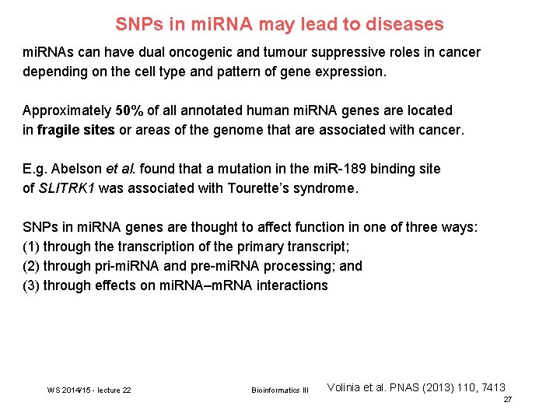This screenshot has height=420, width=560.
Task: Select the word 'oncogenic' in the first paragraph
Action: click(205, 52)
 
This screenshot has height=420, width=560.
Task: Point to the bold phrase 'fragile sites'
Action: click(76, 130)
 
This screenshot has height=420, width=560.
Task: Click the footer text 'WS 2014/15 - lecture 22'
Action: click(89, 390)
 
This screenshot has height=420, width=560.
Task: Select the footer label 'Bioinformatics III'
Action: click(280, 390)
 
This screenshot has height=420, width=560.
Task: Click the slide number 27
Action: click(507, 400)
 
